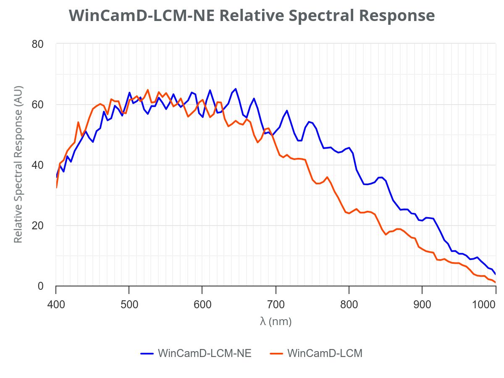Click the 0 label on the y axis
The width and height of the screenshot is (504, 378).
coord(41,286)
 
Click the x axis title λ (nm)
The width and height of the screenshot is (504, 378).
coord(276,322)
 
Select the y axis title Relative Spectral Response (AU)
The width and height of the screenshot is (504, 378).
coord(18,165)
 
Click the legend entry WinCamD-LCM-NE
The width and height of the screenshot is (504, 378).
coord(196,353)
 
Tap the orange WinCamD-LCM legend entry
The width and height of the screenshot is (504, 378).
coord(316,353)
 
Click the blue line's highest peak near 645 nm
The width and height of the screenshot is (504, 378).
coord(236,89)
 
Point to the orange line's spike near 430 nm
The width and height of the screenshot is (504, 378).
coord(78,122)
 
